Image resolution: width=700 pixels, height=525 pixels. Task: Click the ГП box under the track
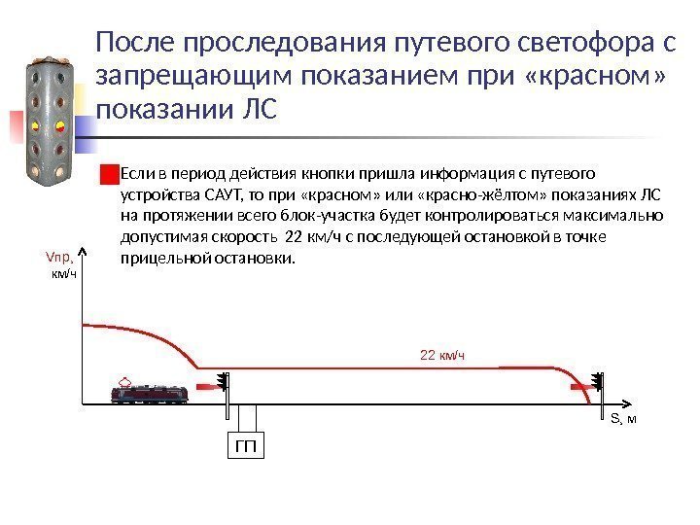248,447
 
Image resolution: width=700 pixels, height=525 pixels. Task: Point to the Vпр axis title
60,259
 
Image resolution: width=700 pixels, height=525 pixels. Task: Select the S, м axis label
623,419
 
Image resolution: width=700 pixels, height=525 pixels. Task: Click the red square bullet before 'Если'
107,175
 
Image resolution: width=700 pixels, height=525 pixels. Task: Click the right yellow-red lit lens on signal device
57,126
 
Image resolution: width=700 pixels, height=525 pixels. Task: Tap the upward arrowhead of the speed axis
84,254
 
